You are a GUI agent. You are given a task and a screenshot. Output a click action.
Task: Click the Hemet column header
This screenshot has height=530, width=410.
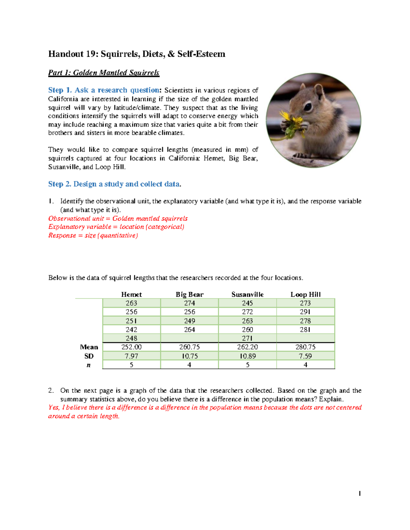(131, 295)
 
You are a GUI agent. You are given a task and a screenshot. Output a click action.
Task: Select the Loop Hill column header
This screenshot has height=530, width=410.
(305, 295)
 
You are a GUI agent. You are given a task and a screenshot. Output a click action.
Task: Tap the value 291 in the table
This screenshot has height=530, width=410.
(305, 312)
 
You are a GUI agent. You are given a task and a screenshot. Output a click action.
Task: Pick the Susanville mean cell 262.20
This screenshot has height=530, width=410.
(247, 347)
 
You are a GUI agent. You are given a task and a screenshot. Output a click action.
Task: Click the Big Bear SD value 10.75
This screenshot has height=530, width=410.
(189, 356)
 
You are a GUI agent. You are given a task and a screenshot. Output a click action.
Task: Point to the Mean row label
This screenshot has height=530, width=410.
(89, 347)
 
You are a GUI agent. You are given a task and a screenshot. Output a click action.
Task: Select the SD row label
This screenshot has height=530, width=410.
(89, 356)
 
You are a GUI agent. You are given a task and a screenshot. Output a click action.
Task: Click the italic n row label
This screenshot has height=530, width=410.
(89, 365)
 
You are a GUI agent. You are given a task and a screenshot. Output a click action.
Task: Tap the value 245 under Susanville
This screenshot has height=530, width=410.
(247, 303)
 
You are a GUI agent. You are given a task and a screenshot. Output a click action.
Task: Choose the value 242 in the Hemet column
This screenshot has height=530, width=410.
(131, 330)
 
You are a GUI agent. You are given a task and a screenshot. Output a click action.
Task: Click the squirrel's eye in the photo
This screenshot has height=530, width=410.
(308, 107)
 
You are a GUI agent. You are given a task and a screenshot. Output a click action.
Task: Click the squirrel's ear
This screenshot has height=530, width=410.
(319, 89)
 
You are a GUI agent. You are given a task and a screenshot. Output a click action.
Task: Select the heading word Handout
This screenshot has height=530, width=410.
(66, 54)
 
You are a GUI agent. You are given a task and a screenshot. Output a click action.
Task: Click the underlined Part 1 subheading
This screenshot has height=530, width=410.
(104, 73)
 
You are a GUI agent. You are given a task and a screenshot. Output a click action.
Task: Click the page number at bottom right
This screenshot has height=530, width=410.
(359, 493)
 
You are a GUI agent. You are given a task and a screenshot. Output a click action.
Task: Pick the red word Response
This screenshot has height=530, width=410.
(62, 235)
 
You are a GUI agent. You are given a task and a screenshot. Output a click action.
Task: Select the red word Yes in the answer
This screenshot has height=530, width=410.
(54, 407)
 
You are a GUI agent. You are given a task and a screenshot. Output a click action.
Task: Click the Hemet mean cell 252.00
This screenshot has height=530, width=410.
(131, 347)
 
